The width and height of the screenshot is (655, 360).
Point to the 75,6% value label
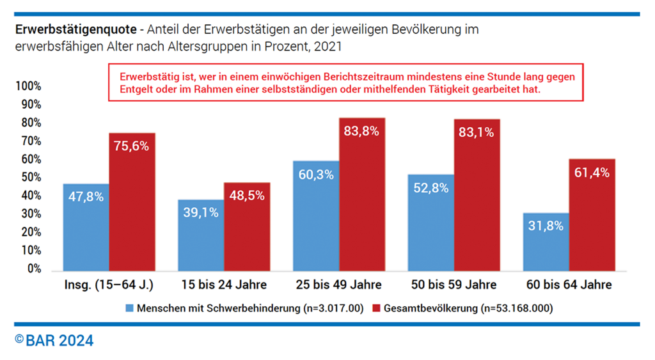pos(132,146)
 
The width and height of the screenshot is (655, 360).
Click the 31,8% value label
pos(546,226)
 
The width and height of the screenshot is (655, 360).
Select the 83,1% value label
pos(477,132)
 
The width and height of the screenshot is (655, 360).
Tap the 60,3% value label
pos(316,174)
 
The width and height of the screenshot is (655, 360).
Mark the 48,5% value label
pos(247,196)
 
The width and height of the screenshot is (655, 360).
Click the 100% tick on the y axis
pos(28,86)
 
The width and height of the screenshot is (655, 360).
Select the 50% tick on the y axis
pos(30,178)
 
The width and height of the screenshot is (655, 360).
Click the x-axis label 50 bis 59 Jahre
pos(454,285)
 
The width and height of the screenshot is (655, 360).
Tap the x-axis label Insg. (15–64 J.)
pos(109,285)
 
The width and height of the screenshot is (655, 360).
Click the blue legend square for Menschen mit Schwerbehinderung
pos(130,308)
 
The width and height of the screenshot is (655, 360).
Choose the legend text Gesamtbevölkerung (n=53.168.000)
pos(468,308)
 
